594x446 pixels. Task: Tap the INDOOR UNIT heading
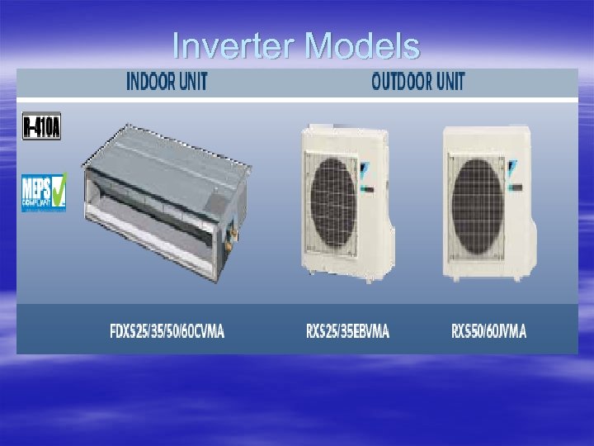tap(167, 81)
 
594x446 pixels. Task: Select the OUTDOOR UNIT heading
tap(417, 81)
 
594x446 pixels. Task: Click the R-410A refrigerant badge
tap(41, 126)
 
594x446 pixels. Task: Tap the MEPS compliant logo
tap(43, 192)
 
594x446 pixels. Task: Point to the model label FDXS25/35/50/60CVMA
tap(167, 332)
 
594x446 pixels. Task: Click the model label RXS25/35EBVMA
tap(347, 332)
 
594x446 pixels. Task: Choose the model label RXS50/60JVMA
tap(488, 332)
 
